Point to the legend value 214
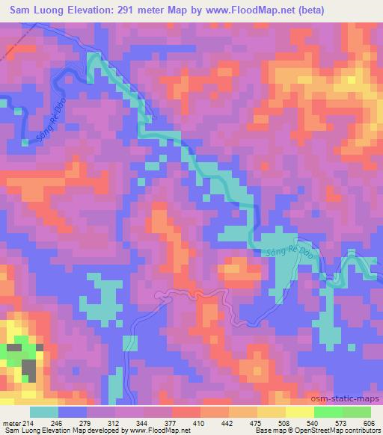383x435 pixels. pos(28,423)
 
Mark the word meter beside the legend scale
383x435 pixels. pos(10,423)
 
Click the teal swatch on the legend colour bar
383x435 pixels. pos(44,413)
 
